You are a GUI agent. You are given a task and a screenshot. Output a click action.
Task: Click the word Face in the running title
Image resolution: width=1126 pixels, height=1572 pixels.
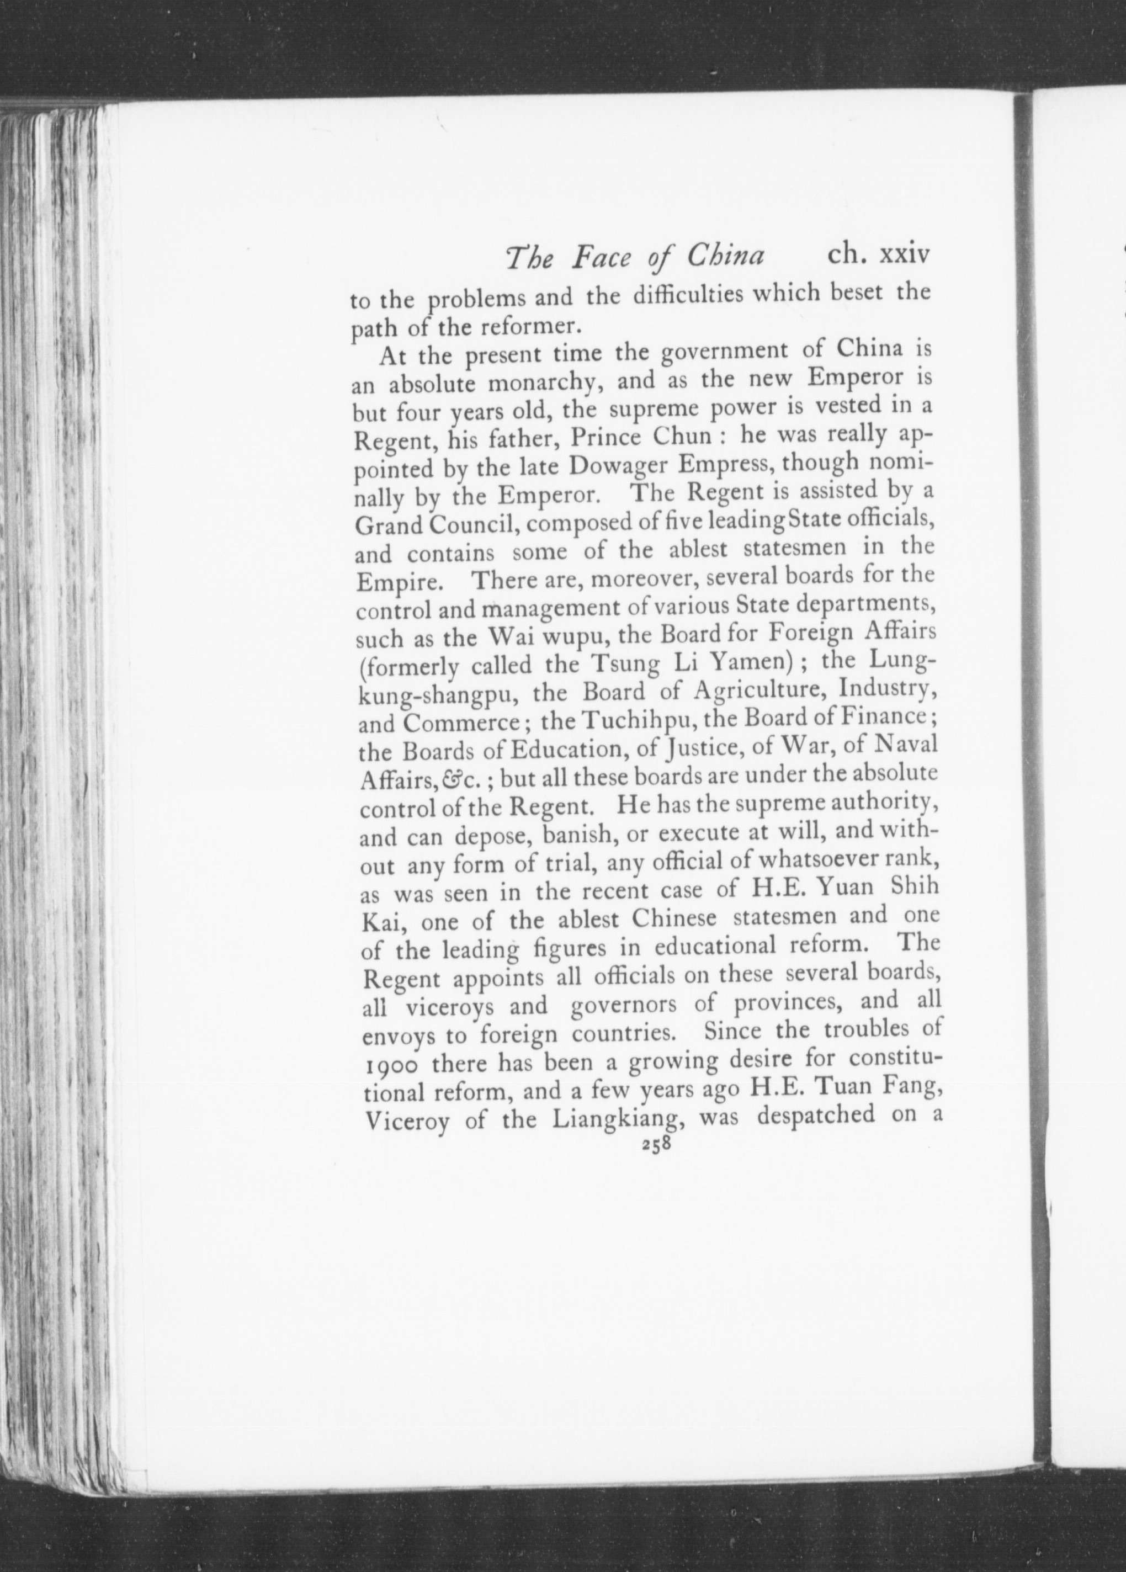coord(602,258)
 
